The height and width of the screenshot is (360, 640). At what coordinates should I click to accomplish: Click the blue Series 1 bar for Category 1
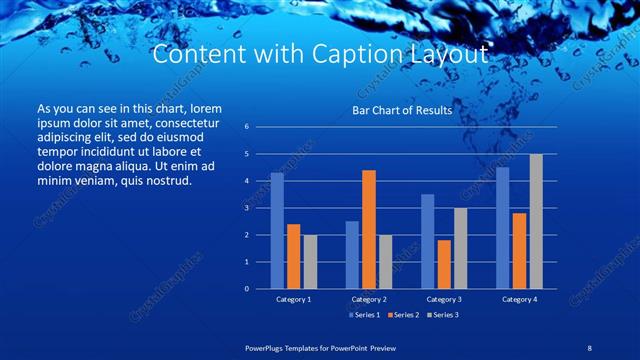[x=277, y=231]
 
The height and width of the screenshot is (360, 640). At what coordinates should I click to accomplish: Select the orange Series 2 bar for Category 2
[x=369, y=229]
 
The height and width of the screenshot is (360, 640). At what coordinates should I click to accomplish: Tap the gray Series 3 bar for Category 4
[x=536, y=221]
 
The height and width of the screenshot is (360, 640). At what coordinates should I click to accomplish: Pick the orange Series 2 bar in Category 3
[x=444, y=264]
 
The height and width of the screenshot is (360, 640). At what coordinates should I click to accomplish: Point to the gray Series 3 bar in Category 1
[x=310, y=262]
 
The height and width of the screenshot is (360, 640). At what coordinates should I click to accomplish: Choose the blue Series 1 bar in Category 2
[x=352, y=255]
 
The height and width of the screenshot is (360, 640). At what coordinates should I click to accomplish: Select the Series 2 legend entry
[x=401, y=315]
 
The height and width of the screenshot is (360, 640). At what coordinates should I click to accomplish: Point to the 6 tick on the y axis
[x=246, y=128]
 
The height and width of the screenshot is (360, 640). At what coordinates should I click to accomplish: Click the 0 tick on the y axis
[x=246, y=289]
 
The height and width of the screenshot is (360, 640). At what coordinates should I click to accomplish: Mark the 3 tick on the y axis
[x=246, y=208]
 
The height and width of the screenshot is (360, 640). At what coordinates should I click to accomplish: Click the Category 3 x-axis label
[x=443, y=299]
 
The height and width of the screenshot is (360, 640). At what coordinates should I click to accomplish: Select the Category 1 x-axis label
[x=293, y=299]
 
